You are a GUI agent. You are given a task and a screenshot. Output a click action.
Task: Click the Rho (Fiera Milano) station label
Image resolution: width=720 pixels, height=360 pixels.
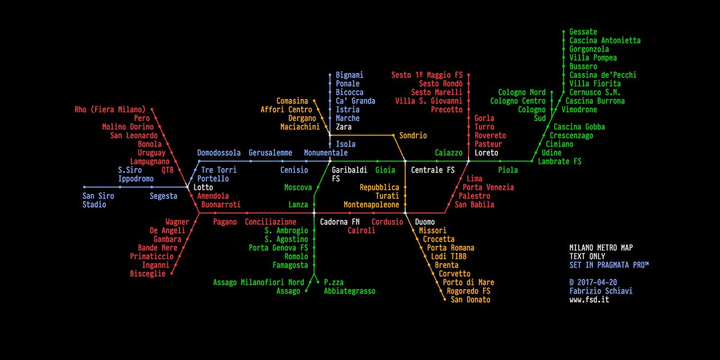[x=110, y=110]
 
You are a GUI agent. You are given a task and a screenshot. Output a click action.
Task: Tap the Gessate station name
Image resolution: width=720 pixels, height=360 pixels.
[x=583, y=32]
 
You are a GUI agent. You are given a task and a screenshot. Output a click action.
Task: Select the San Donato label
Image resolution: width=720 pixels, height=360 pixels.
[x=470, y=300]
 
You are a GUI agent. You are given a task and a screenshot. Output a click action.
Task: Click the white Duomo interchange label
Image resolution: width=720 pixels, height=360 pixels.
[x=425, y=222]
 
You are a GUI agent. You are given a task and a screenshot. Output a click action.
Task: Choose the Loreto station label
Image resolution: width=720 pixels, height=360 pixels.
[x=487, y=153]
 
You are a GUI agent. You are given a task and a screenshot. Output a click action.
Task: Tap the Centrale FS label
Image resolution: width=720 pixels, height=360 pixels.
[x=433, y=170]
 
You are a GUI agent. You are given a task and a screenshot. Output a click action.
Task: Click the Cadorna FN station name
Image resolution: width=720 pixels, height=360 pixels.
[x=340, y=222]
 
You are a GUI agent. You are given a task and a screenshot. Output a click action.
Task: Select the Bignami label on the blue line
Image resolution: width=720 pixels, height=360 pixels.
[x=349, y=75]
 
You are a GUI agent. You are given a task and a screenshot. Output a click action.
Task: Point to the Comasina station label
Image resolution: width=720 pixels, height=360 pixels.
[x=292, y=101]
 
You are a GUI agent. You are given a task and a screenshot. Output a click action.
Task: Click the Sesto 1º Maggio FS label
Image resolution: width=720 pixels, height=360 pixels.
[x=427, y=75]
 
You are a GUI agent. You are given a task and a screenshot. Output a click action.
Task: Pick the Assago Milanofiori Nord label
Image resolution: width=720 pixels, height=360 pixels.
[x=259, y=283]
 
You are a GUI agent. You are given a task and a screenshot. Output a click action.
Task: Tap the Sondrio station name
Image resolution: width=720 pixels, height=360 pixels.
[x=413, y=136]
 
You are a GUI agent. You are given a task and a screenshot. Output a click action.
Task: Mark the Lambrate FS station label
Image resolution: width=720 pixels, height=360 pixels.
[x=560, y=161]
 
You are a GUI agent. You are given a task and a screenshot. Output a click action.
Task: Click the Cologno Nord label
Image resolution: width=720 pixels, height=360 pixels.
[x=522, y=92]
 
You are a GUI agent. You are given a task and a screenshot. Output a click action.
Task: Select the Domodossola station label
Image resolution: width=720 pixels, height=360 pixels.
[x=219, y=153]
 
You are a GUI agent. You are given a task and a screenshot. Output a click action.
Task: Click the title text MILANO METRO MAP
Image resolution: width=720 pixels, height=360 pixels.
[x=601, y=248]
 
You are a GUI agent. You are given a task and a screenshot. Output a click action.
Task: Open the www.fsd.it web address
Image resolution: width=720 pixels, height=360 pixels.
[x=590, y=300]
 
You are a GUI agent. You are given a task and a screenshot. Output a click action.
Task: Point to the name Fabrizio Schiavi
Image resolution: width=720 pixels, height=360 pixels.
[x=601, y=291]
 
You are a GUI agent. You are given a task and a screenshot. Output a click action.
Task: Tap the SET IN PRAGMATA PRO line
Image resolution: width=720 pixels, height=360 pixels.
[x=609, y=265]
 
